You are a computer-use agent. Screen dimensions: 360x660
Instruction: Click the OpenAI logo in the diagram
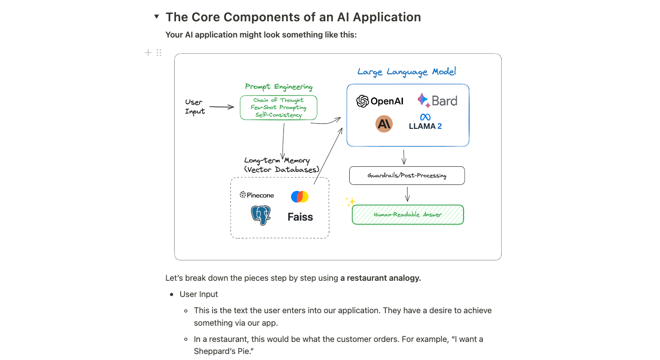click(x=380, y=101)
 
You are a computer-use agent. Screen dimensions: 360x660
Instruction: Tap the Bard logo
click(x=437, y=101)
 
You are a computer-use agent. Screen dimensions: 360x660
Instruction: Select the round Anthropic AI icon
click(x=384, y=124)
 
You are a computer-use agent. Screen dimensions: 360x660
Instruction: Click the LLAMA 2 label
click(x=425, y=126)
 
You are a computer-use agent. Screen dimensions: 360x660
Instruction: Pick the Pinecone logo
click(x=257, y=195)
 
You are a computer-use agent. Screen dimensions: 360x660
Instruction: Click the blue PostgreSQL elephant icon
click(x=261, y=215)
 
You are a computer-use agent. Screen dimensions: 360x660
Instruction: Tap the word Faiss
click(x=300, y=217)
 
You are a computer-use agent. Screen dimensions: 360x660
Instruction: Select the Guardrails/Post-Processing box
click(x=407, y=176)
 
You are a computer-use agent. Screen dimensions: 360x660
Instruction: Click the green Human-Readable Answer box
click(x=408, y=215)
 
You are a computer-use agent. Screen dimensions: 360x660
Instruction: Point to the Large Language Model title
click(x=407, y=72)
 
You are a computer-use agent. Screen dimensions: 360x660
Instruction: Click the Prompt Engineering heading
click(x=278, y=87)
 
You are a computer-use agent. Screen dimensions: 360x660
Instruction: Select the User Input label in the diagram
click(x=195, y=107)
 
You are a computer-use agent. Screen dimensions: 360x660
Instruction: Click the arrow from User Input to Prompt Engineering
click(x=222, y=107)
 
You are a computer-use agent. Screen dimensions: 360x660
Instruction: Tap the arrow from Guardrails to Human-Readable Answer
click(x=407, y=194)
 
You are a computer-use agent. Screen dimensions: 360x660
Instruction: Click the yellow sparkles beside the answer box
click(x=350, y=202)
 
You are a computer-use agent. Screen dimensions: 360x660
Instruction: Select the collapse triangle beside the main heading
click(x=157, y=17)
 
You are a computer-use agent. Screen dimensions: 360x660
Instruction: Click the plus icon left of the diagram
click(x=148, y=53)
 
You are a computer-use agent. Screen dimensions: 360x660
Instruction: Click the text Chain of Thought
click(x=278, y=100)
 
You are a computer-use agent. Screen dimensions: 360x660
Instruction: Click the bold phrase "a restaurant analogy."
click(x=380, y=278)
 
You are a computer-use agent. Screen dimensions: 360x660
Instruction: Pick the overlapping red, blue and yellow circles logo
click(x=300, y=196)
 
